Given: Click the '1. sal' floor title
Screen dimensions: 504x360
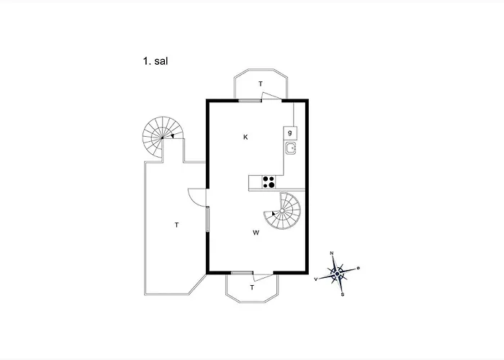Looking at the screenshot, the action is tap(156, 62).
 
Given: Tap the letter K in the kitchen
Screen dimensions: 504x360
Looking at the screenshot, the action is tap(246, 137).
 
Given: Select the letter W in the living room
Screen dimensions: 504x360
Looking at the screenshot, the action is tap(256, 233).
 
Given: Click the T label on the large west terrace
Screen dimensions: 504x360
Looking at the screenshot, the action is tap(176, 225).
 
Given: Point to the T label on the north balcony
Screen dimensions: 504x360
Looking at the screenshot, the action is tap(261, 84).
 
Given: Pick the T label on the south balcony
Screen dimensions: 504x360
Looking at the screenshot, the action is tap(253, 287).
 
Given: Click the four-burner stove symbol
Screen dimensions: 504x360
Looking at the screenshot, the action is tap(269, 182).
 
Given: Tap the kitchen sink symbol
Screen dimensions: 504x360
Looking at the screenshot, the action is tap(290, 149).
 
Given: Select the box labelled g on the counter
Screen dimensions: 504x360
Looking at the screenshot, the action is tap(290, 132).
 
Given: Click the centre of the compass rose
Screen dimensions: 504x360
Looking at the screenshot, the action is tap(338, 273).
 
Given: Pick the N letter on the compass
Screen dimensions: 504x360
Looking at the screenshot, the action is tap(332, 253).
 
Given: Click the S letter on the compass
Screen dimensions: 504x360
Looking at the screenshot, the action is tap(342, 294).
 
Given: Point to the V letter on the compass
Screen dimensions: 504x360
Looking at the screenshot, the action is tap(317, 278).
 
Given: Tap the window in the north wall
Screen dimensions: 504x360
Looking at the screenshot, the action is tap(250, 101).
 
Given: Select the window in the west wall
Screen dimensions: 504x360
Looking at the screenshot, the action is tap(208, 219).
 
